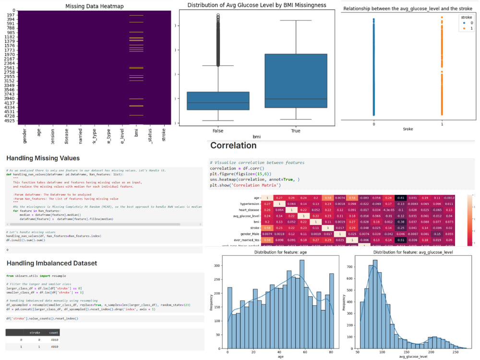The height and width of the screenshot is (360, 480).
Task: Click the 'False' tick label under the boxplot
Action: pyautogui.click(x=218, y=131)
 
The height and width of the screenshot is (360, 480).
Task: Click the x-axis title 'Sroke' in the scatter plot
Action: pyautogui.click(x=408, y=129)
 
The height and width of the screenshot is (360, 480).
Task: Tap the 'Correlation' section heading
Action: pyautogui.click(x=233, y=145)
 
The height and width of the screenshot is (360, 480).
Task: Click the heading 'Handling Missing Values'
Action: pyautogui.click(x=43, y=158)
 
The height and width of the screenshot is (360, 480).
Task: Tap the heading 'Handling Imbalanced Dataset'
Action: pyautogui.click(x=51, y=263)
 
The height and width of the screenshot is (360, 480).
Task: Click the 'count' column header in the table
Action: pyautogui.click(x=53, y=332)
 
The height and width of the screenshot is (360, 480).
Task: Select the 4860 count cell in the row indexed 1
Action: pyautogui.click(x=53, y=346)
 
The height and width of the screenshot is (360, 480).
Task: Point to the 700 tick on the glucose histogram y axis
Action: pyautogui.click(x=351, y=265)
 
